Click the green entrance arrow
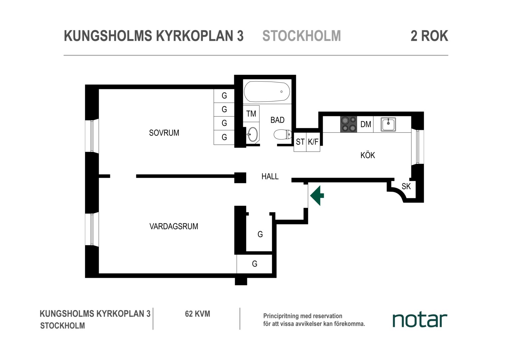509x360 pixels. coord(317,196)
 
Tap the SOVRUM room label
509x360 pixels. coord(164,133)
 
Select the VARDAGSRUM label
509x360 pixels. coord(174,226)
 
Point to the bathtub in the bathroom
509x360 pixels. coord(267,92)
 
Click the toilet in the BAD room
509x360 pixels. coord(282,134)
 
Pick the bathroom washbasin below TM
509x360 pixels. coord(252,134)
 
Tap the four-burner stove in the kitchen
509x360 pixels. coord(348,124)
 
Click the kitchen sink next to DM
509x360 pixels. coord(388,124)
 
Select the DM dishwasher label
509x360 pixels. coord(366,124)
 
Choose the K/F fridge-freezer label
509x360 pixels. coord(313,142)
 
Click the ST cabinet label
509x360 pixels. coord(300,142)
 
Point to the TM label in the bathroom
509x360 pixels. coord(251,113)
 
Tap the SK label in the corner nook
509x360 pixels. coord(406,186)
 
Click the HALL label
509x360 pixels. coord(270,176)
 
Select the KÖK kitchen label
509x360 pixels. coord(368,155)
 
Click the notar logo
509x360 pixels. coord(420,320)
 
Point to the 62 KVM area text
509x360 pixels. coord(198,314)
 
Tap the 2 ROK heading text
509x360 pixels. coord(429,36)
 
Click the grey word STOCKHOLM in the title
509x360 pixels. coord(301,36)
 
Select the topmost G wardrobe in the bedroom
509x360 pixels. coord(224,96)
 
